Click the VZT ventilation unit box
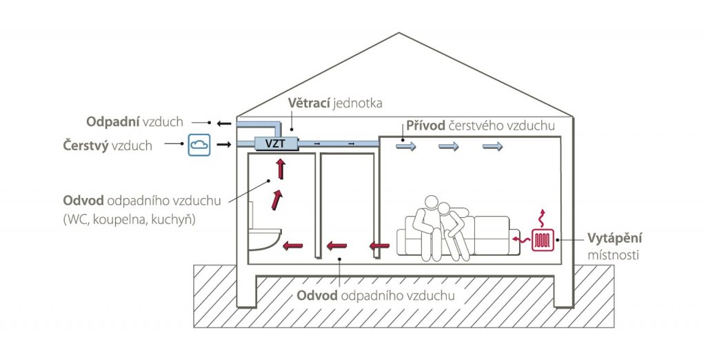coord(276,144)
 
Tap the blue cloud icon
coord(199,145)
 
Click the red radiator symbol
coord(543,240)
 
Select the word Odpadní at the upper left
coord(112,121)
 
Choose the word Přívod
coord(425,126)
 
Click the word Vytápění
coord(614,239)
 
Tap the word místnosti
coord(613,255)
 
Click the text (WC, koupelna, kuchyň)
coord(129,220)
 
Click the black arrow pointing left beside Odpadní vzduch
coord(224,123)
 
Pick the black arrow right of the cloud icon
coord(224,145)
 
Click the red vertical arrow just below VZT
coord(281,168)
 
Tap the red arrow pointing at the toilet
coord(292,246)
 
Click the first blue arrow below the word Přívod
coord(406,146)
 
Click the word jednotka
coord(358,103)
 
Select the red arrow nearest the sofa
coord(379,246)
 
